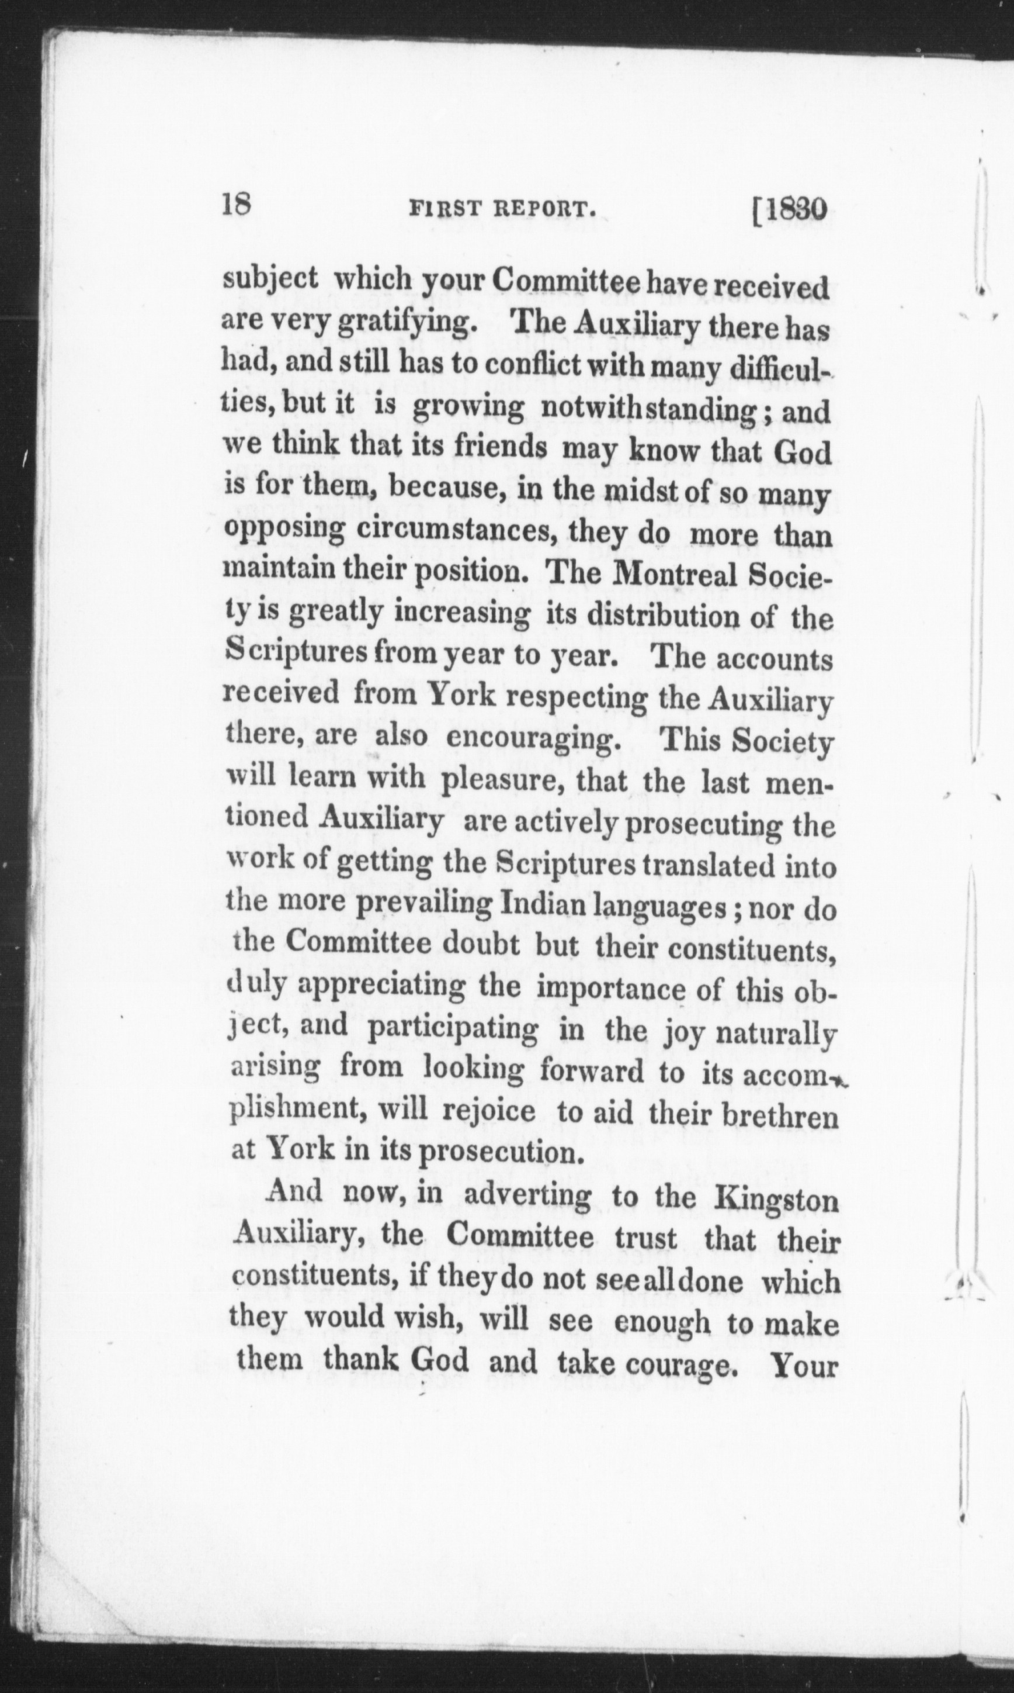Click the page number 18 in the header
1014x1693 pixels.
click(237, 205)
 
